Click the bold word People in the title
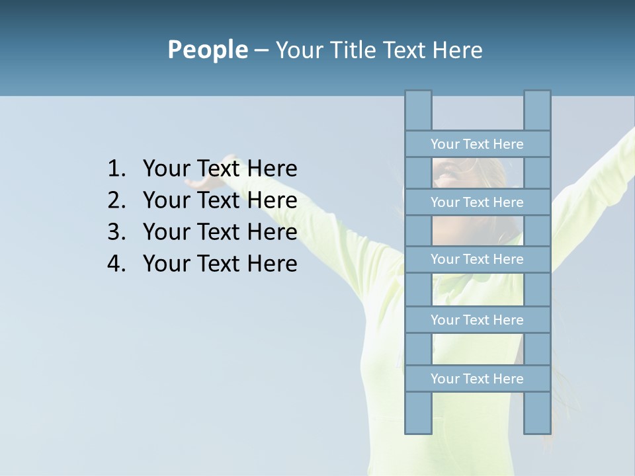point(207,50)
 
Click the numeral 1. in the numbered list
point(116,169)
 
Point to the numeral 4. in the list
point(116,264)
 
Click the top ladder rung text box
point(477,144)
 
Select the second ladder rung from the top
point(477,202)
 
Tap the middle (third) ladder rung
point(477,259)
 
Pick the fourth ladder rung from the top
point(477,320)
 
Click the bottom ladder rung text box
point(477,379)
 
